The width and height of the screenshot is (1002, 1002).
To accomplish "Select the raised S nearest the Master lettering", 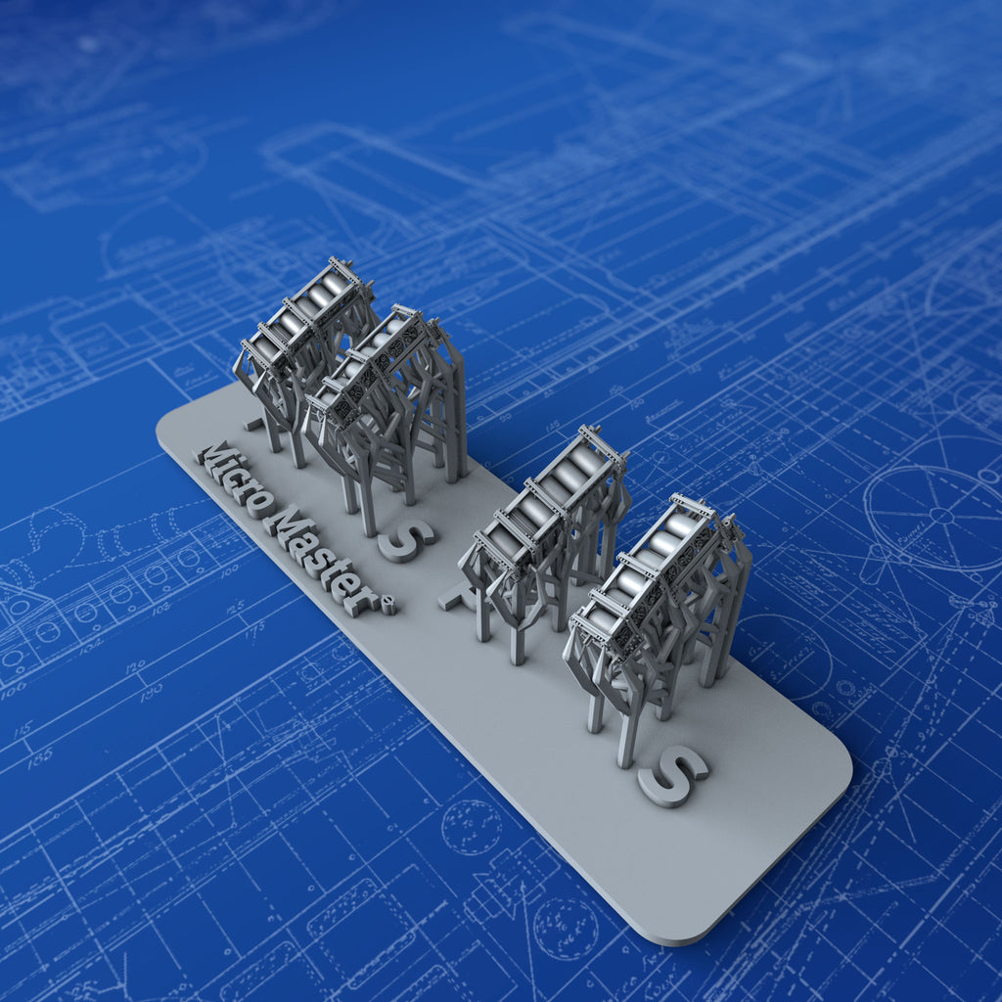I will click(x=406, y=540).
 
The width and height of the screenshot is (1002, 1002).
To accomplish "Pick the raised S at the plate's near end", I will click(x=672, y=775).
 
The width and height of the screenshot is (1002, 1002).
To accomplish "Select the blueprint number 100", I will click(x=229, y=569).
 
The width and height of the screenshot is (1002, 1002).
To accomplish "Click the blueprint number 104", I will click(x=90, y=647).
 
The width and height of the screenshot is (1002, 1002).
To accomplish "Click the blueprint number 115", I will click(x=23, y=730).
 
